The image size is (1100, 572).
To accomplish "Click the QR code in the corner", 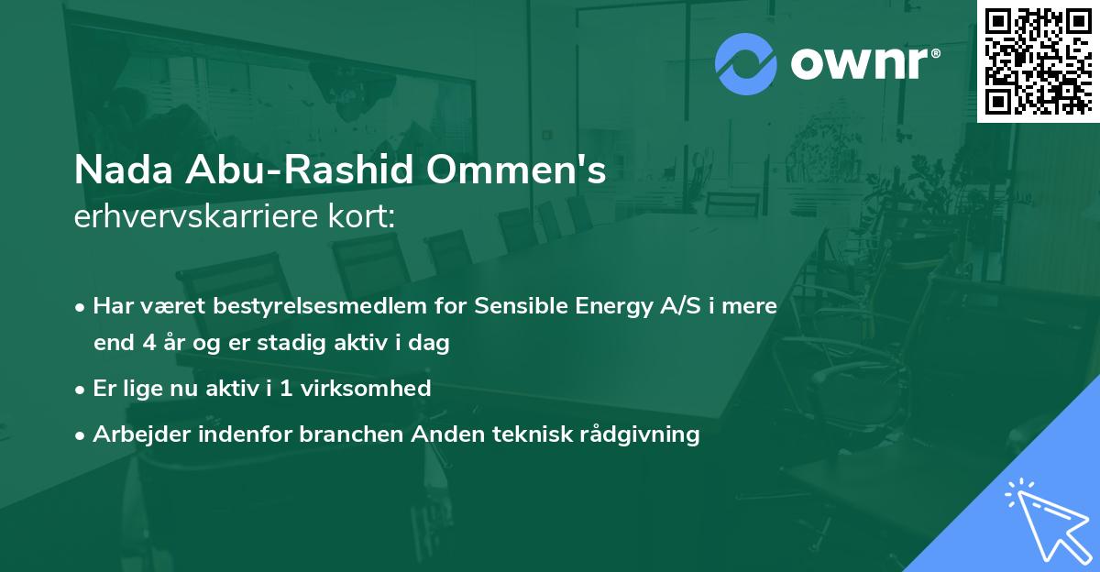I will coord(1037,60).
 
